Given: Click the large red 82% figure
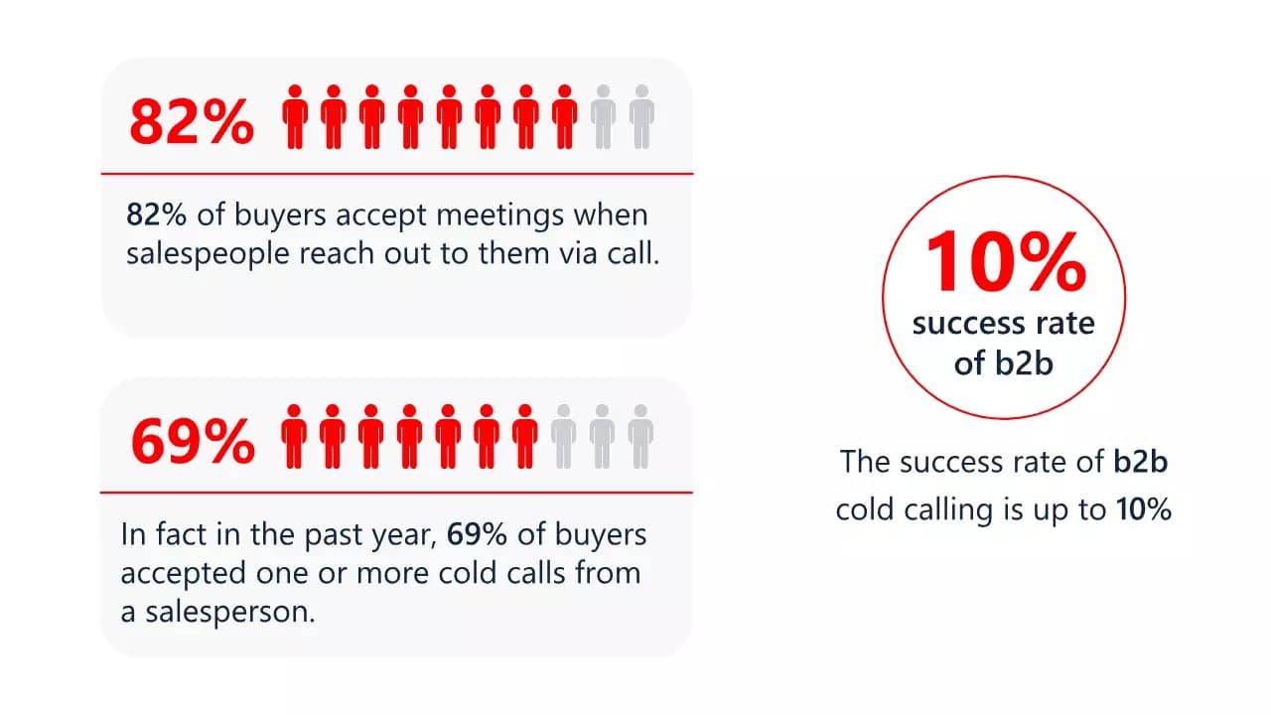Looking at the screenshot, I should pos(192,120).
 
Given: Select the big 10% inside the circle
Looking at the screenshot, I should pos(1004,260).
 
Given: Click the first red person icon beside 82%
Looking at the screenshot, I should pos(294,117).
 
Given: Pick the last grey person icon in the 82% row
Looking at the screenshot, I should pos(641,117).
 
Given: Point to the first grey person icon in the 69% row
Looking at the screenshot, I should pos(563,437).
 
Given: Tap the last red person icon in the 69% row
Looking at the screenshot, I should pos(524,437).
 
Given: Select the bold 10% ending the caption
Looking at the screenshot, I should pos(1143,509).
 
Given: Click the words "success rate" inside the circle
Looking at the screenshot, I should pos(1003,324).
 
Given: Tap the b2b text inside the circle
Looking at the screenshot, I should pos(1024,363).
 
